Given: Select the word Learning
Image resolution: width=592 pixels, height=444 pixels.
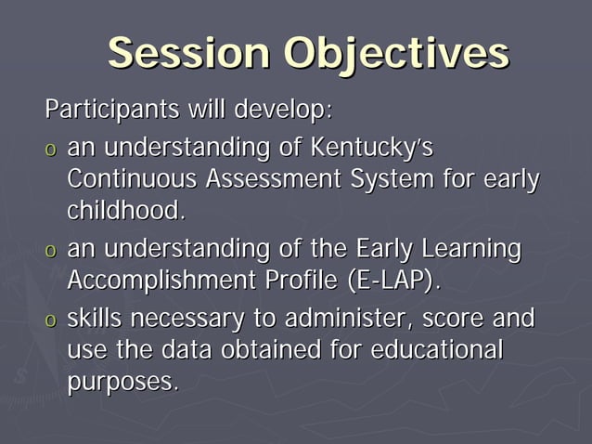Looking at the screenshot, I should (471, 249).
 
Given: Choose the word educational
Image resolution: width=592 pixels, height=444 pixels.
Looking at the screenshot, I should (436, 350).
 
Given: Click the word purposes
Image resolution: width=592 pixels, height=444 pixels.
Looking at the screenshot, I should (122, 382).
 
